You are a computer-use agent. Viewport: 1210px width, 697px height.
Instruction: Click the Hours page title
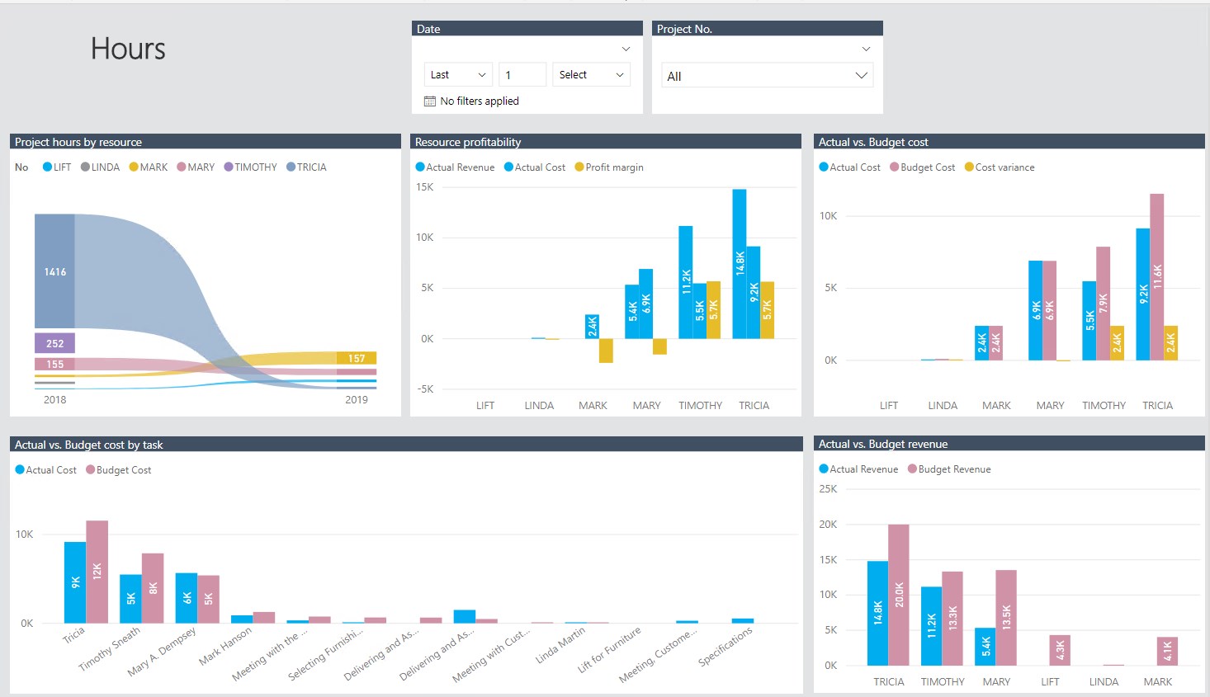click(128, 49)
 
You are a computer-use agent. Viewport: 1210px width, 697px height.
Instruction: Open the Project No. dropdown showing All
click(767, 76)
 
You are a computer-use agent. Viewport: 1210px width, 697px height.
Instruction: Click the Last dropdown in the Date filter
click(458, 74)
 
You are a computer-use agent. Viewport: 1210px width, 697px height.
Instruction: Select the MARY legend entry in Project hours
click(196, 167)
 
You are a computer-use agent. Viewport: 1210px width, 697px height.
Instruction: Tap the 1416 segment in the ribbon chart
click(54, 271)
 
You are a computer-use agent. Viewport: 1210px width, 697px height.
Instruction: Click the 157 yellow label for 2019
click(357, 358)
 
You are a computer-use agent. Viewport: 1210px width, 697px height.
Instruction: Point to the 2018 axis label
click(54, 400)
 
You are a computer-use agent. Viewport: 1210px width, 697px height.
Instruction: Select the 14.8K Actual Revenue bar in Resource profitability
click(740, 263)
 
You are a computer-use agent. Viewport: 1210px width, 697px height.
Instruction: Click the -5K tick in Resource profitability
click(424, 389)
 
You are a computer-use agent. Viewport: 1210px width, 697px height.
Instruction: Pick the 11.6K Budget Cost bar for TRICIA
click(1157, 276)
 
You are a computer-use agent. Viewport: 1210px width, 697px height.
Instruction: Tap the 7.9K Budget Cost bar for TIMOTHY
click(1104, 303)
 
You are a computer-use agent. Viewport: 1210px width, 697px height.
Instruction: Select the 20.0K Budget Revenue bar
click(899, 594)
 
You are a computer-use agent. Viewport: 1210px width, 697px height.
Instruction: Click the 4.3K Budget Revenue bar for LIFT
click(1060, 650)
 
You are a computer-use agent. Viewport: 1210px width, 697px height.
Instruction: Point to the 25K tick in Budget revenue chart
click(828, 489)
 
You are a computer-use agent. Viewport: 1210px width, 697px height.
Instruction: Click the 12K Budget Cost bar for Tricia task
click(97, 571)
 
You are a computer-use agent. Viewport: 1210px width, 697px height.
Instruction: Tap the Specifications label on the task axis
click(726, 647)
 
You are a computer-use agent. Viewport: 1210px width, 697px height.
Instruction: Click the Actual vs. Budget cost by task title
click(89, 445)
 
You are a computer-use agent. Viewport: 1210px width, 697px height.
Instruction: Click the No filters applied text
click(479, 101)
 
